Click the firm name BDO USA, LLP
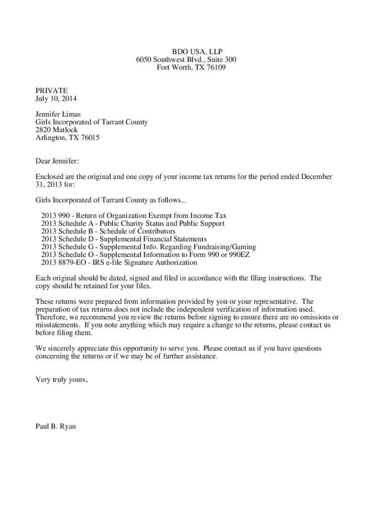click(197, 52)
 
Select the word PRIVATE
click(51, 91)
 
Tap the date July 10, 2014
click(56, 99)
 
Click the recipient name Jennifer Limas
click(58, 114)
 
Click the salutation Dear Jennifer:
click(57, 161)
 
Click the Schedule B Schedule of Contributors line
click(115, 231)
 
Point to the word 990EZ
click(239, 254)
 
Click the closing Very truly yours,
click(61, 380)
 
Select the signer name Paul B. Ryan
click(55, 426)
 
